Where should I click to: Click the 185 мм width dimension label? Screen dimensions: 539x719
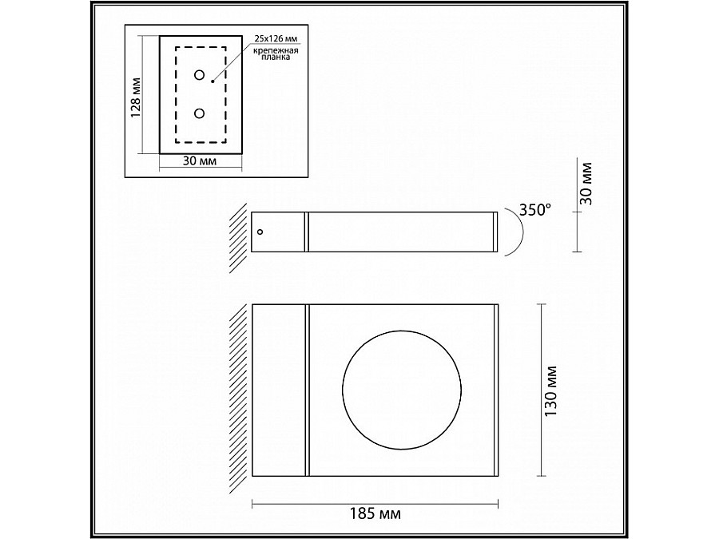pos(375,514)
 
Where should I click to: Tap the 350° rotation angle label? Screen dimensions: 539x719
pos(534,210)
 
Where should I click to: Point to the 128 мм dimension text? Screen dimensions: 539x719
pos(136,95)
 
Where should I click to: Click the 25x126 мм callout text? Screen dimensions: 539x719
pos(276,38)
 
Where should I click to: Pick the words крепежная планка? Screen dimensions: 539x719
pos(276,54)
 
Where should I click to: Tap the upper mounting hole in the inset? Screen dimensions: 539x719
pos(199,75)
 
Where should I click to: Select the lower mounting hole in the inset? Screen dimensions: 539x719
pos(199,113)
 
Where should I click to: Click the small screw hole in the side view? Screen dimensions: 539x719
pos(260,232)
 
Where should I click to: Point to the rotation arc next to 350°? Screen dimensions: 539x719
pos(516,232)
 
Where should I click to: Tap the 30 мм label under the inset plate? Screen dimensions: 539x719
pos(200,161)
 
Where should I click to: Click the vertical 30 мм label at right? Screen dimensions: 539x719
pos(589,184)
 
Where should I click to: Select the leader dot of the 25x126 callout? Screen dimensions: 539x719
pos(213,80)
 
